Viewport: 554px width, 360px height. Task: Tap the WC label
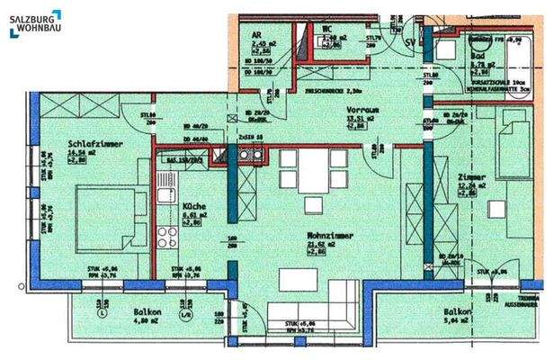(x=328, y=28)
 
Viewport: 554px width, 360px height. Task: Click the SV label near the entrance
(x=411, y=43)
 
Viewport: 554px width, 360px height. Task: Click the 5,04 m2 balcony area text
(x=459, y=319)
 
